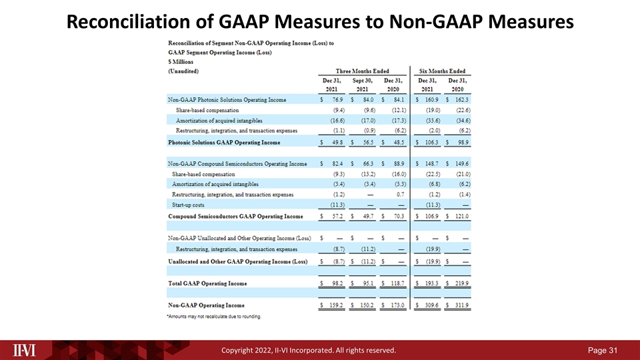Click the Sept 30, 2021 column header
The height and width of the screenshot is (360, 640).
[363, 84]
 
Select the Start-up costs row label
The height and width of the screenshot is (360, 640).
[191, 205]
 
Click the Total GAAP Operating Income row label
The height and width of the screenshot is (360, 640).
[207, 283]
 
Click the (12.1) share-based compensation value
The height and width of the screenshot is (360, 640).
[395, 110]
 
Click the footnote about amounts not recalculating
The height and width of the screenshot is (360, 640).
[213, 316]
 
